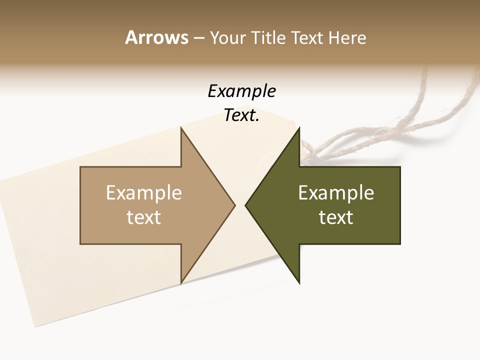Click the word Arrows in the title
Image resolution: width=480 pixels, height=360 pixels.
(156, 37)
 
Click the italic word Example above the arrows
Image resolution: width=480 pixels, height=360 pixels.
(241, 91)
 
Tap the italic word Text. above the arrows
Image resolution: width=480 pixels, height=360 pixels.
(241, 115)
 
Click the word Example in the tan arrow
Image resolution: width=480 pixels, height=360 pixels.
(144, 193)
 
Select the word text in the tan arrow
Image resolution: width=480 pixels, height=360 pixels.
(144, 217)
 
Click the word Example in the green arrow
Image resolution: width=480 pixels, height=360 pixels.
(336, 193)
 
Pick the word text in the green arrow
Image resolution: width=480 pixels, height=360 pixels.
(336, 217)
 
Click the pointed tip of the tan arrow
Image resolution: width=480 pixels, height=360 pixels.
(235, 205)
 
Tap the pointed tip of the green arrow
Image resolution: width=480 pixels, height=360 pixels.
(245, 205)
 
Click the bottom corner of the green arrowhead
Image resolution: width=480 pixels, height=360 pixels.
(299, 283)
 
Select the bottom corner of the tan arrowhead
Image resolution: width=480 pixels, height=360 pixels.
(181, 283)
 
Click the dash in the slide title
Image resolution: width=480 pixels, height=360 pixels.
(198, 38)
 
